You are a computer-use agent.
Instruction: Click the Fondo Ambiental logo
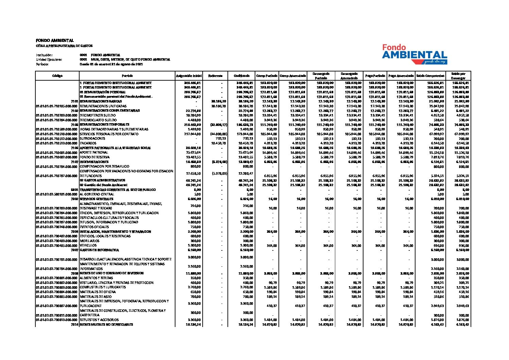[x=414, y=54]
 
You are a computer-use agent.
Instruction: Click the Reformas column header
[x=215, y=76]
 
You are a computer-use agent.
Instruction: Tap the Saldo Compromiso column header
[x=430, y=76]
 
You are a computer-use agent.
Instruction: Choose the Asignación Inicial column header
[x=189, y=76]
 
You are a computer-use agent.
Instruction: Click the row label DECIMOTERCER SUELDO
[x=98, y=115]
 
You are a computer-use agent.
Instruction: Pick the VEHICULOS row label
[x=88, y=245]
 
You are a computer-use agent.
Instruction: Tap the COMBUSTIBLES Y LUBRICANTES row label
[x=103, y=287]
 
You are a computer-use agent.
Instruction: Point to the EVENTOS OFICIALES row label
[x=95, y=227]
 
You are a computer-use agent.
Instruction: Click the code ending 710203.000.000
[x=57, y=115]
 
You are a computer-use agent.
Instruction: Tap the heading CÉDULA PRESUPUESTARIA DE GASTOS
[x=64, y=46]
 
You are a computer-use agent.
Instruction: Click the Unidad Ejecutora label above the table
[x=49, y=60]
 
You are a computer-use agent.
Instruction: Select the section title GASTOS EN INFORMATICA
[x=99, y=250]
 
